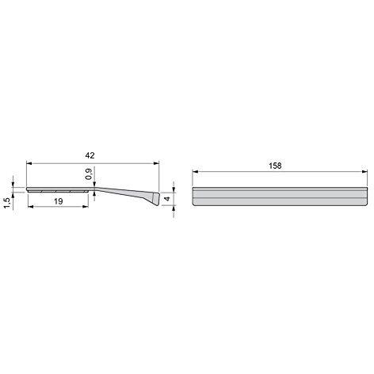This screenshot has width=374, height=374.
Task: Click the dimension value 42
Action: click(90, 155)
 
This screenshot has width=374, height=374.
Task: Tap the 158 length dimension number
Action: click(275, 166)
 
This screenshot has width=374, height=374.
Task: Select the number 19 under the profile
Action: click(59, 201)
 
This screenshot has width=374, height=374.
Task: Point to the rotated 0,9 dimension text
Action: click(89, 174)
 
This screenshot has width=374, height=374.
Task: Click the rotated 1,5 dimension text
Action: click(7, 204)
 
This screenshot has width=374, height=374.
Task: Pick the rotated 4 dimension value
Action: click(166, 198)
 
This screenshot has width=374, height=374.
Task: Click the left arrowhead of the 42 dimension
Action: click(29, 163)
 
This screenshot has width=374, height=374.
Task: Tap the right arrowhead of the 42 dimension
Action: click(157, 163)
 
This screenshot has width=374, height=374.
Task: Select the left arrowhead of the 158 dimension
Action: click(195, 172)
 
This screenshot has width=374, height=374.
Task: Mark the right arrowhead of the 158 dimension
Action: click(364, 172)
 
